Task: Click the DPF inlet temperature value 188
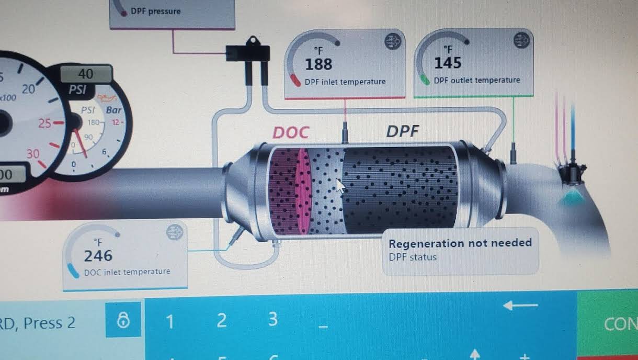coord(318,64)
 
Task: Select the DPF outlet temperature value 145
coord(448,63)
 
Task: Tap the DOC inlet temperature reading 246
coord(98,255)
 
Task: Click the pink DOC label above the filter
coord(290,132)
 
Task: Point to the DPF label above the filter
coord(403,131)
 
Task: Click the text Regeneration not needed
coord(460,243)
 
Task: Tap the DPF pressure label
coord(155,10)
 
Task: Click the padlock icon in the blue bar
coord(123,320)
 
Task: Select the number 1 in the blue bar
coord(169,321)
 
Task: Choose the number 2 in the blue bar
coord(221,320)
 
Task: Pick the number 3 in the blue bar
coord(272,319)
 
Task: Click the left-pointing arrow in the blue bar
coord(520,305)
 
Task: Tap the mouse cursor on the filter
coord(340,186)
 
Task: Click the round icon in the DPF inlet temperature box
coord(392,42)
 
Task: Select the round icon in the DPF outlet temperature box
coord(521,40)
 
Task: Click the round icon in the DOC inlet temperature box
coord(175,233)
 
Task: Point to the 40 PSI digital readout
coord(86,74)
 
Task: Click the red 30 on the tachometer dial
coord(33,154)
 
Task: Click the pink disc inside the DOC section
coord(303,190)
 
